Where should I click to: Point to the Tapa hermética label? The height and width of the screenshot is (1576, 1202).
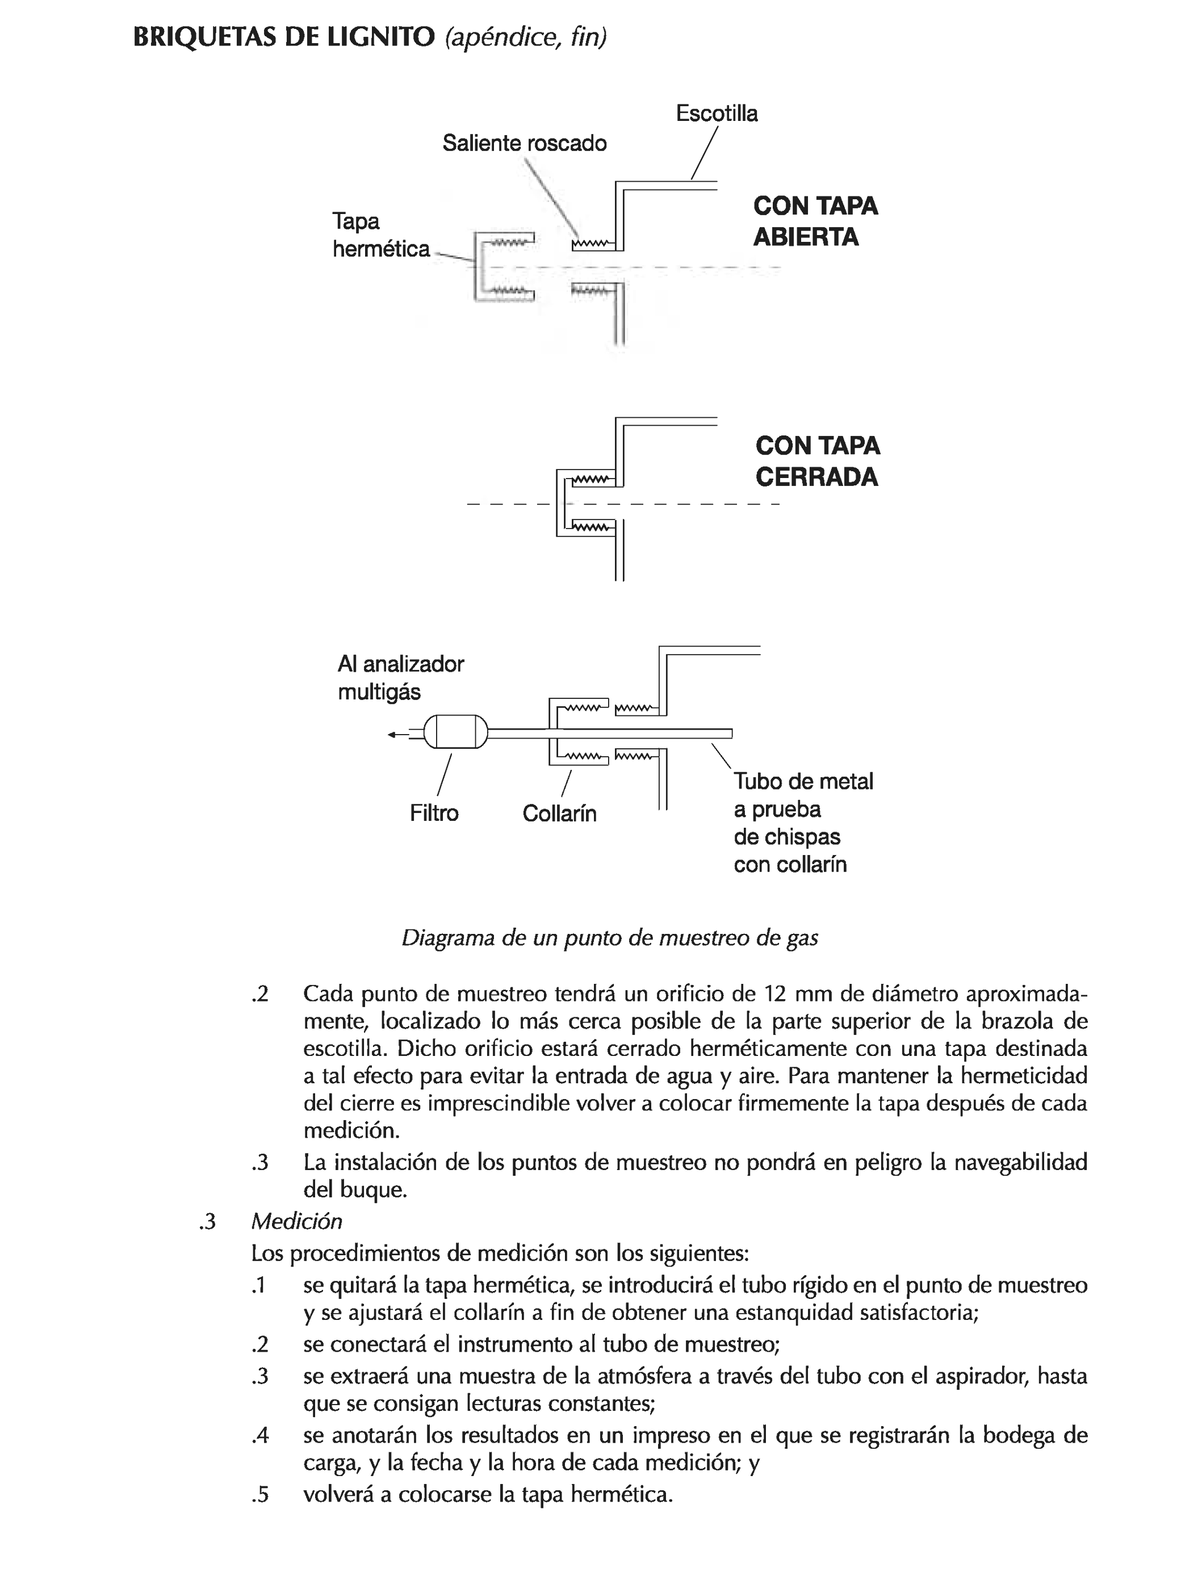pos(380,236)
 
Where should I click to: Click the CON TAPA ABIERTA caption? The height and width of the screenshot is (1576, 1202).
pos(815,221)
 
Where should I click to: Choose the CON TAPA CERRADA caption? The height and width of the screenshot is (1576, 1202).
pos(817,461)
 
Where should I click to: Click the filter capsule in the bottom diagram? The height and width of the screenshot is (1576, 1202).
pos(456,732)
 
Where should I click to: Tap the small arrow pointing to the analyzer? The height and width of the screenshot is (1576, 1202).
pos(396,734)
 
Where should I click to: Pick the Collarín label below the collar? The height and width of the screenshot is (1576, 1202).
pos(559,814)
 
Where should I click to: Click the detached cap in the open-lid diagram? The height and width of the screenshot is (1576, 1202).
pos(501,267)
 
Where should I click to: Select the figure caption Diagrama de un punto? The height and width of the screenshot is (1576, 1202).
pos(610,937)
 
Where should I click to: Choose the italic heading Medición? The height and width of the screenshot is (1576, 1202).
pos(296,1221)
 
